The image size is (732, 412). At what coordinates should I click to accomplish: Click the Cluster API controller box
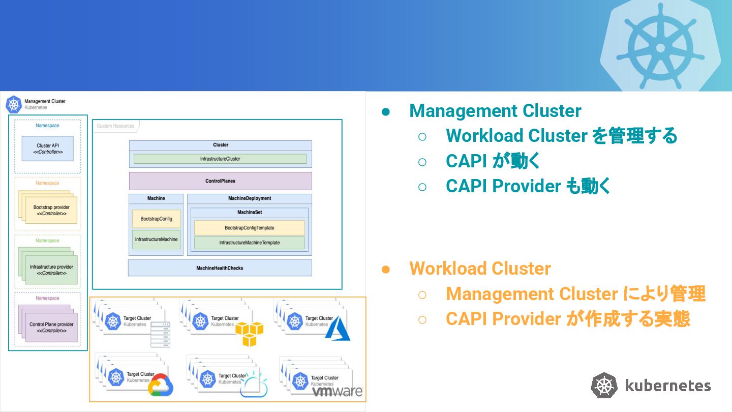pyautogui.click(x=48, y=149)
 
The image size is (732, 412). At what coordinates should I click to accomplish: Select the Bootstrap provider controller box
pyautogui.click(x=51, y=210)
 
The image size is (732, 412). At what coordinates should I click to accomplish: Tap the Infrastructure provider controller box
pyautogui.click(x=51, y=270)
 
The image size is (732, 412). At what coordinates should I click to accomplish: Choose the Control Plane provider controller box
pyautogui.click(x=51, y=328)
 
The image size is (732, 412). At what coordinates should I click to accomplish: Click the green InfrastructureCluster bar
pyautogui.click(x=220, y=159)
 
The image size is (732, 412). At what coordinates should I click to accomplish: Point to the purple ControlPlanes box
pyautogui.click(x=220, y=181)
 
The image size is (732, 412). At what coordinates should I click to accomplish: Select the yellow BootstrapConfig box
pyautogui.click(x=156, y=219)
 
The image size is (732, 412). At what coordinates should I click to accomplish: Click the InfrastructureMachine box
pyautogui.click(x=156, y=240)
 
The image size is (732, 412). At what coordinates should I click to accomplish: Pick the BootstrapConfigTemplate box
pyautogui.click(x=249, y=228)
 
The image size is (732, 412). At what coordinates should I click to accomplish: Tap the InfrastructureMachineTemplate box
pyautogui.click(x=249, y=243)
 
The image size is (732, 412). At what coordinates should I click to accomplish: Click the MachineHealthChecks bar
pyautogui.click(x=220, y=268)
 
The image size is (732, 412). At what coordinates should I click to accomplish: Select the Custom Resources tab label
pyautogui.click(x=115, y=126)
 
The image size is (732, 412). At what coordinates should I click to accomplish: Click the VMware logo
pyautogui.click(x=337, y=391)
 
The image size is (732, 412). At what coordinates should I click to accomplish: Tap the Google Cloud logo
pyautogui.click(x=161, y=385)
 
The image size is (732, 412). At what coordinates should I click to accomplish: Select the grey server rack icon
pyautogui.click(x=161, y=335)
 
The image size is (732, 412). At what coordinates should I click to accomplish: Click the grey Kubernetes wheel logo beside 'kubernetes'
pyautogui.click(x=604, y=386)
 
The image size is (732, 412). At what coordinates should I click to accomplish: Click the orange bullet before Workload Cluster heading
pyautogui.click(x=386, y=270)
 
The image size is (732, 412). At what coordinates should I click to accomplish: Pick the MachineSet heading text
pyautogui.click(x=250, y=212)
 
